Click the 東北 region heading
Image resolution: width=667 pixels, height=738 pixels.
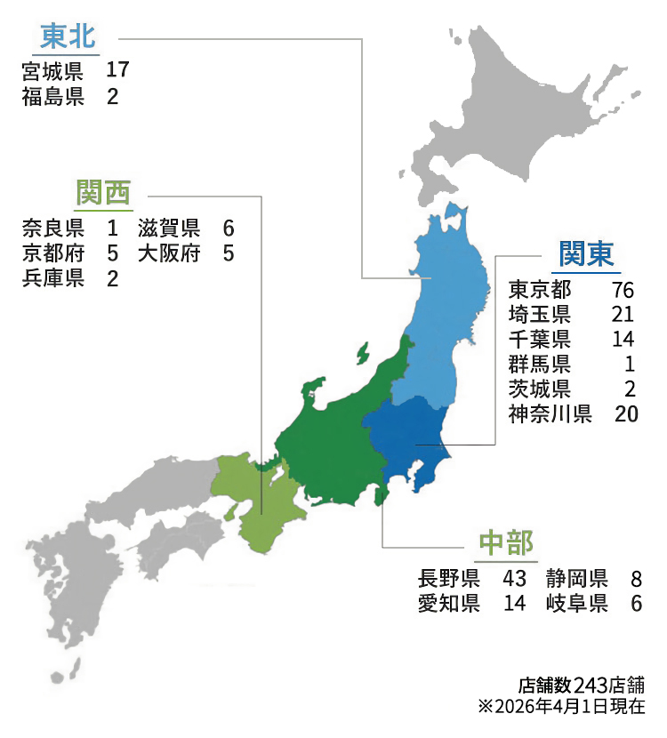coord(68,37)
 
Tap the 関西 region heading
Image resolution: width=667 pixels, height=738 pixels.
coord(103,191)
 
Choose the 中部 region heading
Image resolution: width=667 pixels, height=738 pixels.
coord(505,543)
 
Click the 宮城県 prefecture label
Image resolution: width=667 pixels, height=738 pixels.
coord(53,70)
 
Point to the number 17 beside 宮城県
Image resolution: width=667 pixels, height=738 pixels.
coord(118,70)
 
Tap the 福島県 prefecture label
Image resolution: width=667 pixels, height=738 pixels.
coord(53,97)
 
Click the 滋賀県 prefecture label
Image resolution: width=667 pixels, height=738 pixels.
coord(169,228)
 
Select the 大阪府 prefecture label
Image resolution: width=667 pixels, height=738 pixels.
coord(169,253)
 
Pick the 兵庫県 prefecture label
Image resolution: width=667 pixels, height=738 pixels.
coord(53,279)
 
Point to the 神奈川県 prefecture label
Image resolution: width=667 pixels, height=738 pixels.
coord(550,414)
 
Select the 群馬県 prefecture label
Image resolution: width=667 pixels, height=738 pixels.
coord(539,365)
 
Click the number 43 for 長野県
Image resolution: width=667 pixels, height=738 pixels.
coord(514,579)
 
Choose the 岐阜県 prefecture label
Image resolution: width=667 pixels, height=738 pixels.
coord(577,605)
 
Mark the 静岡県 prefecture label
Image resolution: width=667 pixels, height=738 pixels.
coord(577,579)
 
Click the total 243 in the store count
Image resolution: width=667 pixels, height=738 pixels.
coord(591,686)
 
